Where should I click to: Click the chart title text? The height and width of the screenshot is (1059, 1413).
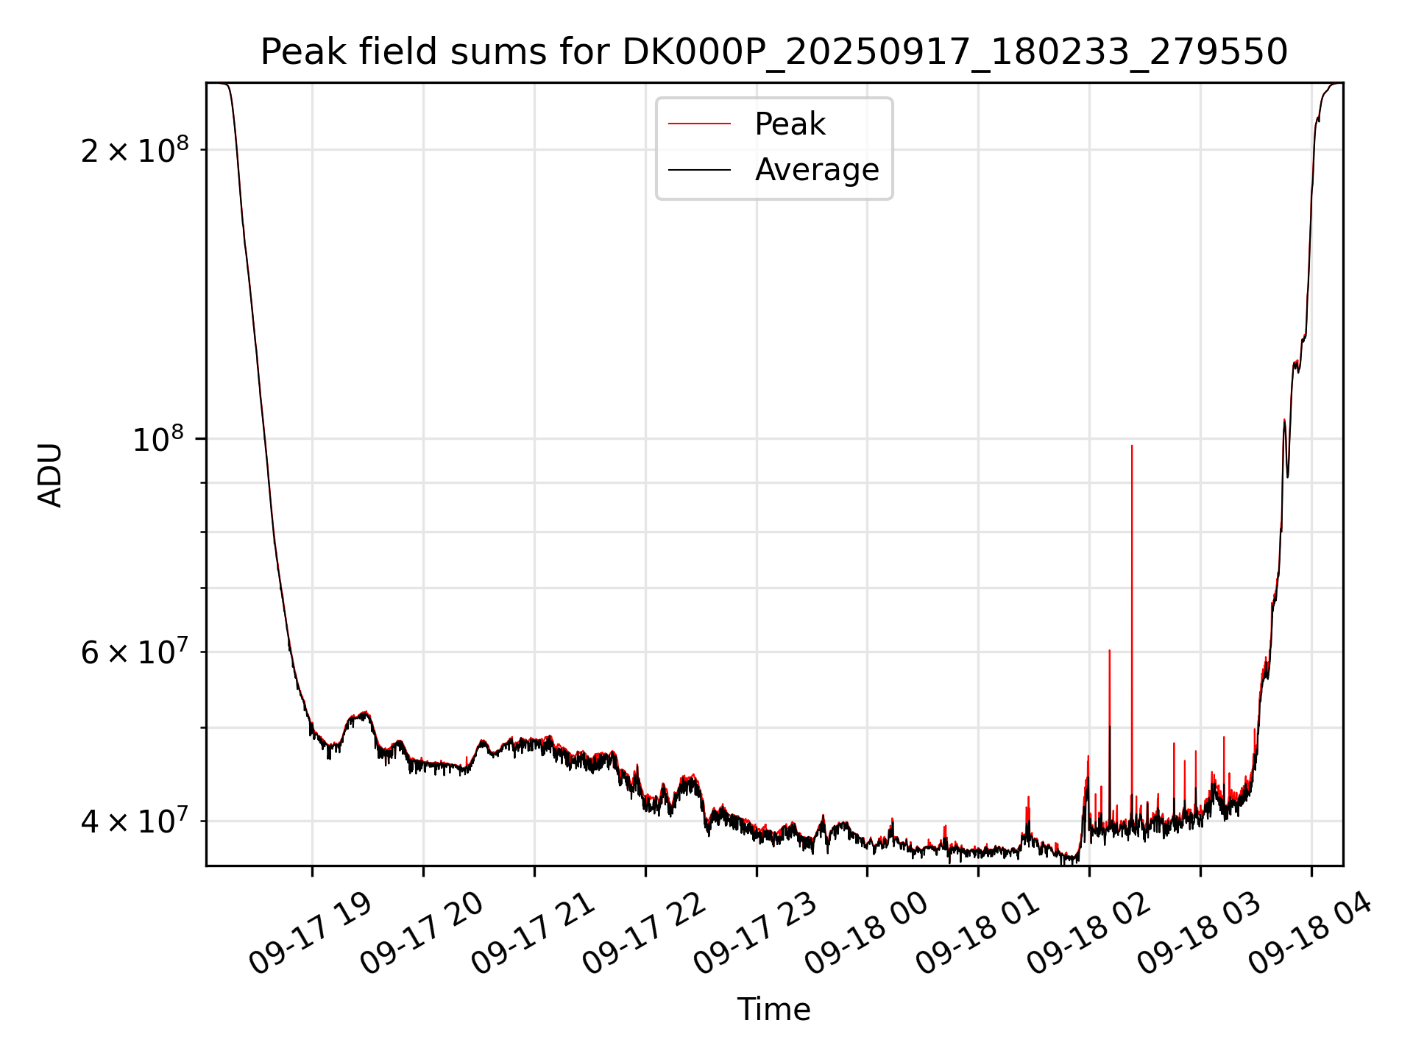pos(773,52)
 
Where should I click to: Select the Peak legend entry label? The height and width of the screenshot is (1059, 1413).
pos(790,124)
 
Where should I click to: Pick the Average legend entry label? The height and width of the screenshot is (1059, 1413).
pos(816,170)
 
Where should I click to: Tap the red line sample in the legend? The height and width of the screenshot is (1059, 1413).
pos(699,124)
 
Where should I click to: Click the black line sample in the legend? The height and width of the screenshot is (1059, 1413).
pos(699,170)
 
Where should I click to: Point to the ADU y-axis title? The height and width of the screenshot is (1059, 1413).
pos(50,474)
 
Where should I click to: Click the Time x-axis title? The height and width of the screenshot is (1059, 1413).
pos(773,1009)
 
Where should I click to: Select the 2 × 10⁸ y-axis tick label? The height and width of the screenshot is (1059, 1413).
pos(135,150)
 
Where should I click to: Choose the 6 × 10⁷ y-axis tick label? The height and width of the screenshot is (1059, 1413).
pos(135,652)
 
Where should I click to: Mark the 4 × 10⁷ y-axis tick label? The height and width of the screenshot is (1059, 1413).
pos(135,821)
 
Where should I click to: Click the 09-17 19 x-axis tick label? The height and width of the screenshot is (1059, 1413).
pos(310,934)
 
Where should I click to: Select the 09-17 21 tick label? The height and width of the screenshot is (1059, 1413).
pos(532,934)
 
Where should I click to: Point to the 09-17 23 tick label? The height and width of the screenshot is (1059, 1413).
pos(754,934)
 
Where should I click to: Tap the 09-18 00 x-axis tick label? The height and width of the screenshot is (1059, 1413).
pos(865,934)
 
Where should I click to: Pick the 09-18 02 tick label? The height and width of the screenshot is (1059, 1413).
pos(1088,934)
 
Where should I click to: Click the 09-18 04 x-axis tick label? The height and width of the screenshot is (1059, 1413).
pos(1310,934)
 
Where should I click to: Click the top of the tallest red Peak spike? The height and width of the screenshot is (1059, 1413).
pos(1132,446)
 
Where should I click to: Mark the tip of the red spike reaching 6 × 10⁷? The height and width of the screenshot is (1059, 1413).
pos(1109,650)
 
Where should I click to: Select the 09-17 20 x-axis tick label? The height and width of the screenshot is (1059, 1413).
pos(421,934)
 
